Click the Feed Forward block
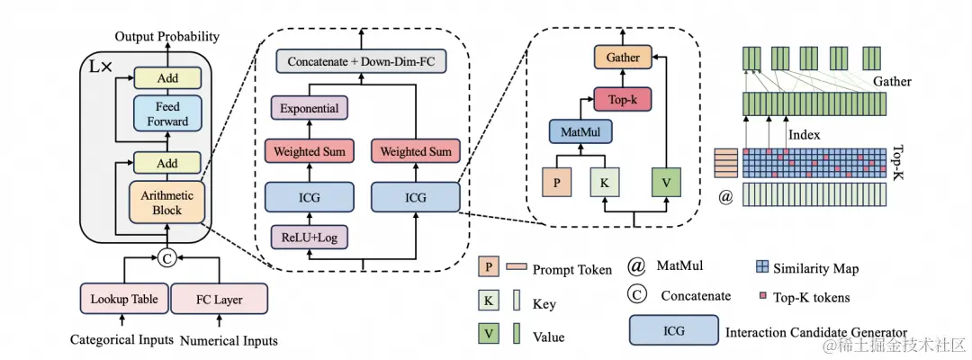[x=167, y=113]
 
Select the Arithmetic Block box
[x=167, y=203]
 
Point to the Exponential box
[x=310, y=110]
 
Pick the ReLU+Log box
[x=310, y=238]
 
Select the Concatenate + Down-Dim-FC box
[x=362, y=61]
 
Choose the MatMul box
[x=580, y=134]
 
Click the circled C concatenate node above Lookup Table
[x=166, y=260]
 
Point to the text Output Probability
[x=166, y=37]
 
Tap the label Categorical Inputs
[x=121, y=340]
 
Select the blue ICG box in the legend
[x=674, y=331]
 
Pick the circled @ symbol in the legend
[x=637, y=267]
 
